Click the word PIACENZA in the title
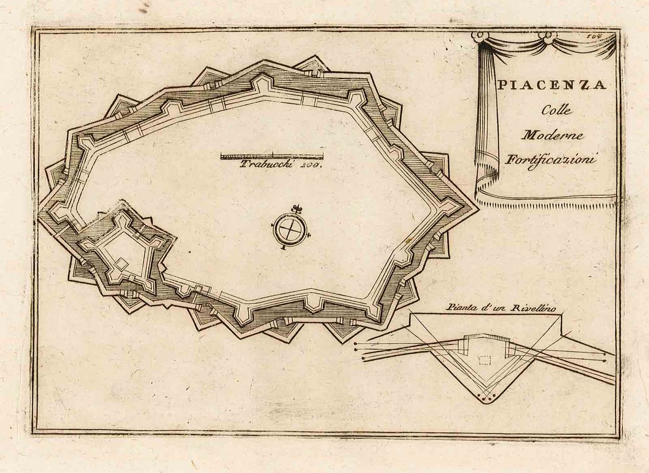pos(551,85)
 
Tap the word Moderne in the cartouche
pos(553,135)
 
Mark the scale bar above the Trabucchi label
pos(272,156)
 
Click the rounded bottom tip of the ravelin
pos(486,400)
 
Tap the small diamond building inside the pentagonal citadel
pos(122,263)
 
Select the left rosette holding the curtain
pos(478,36)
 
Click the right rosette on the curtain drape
pos(548,37)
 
